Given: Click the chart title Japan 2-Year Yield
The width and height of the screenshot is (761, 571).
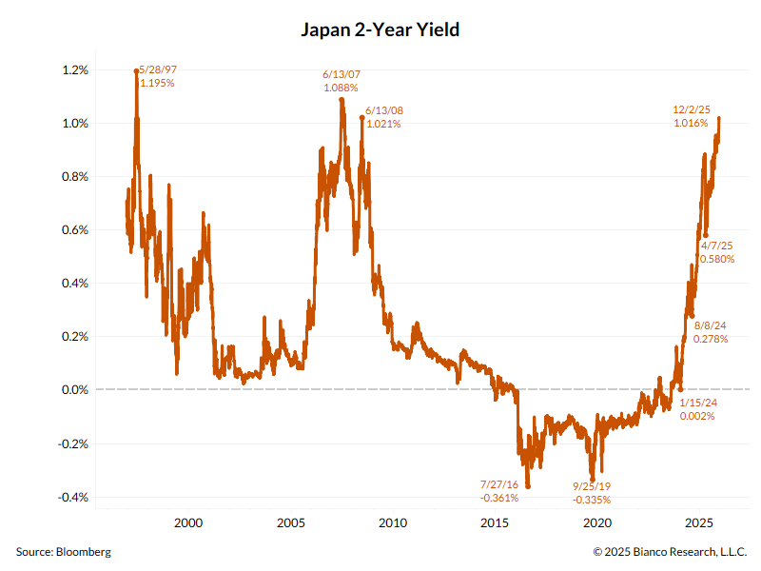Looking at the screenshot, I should pyautogui.click(x=380, y=30).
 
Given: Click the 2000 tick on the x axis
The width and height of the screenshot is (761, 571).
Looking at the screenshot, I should pyautogui.click(x=188, y=522).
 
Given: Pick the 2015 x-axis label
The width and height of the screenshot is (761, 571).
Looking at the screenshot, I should pyautogui.click(x=495, y=522).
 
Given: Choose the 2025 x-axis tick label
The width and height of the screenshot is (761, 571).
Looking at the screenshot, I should pyautogui.click(x=699, y=522).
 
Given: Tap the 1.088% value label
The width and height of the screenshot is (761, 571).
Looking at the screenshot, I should pyautogui.click(x=341, y=88).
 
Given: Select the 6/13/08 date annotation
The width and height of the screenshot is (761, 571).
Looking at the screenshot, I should pyautogui.click(x=383, y=110).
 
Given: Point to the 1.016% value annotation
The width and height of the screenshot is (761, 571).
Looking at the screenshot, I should pyautogui.click(x=691, y=123).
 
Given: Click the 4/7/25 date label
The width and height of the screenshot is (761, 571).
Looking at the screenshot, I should pyautogui.click(x=716, y=246).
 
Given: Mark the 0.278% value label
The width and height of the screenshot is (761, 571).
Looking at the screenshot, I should pyautogui.click(x=711, y=339).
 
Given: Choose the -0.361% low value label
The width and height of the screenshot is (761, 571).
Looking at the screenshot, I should pyautogui.click(x=499, y=498).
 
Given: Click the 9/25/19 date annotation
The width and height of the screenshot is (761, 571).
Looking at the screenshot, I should pyautogui.click(x=592, y=486).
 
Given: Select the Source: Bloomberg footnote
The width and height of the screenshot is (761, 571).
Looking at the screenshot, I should pyautogui.click(x=63, y=552).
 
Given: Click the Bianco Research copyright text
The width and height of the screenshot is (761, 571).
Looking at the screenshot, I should pyautogui.click(x=670, y=552).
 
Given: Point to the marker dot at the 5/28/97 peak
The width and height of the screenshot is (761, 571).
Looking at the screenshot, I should pyautogui.click(x=137, y=70).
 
